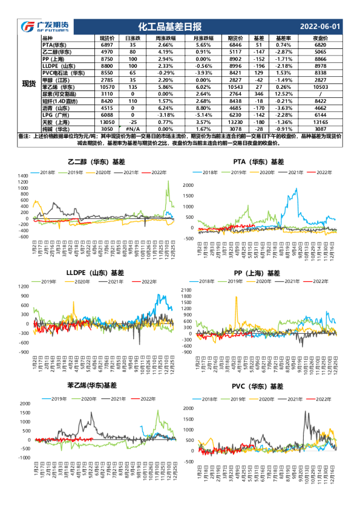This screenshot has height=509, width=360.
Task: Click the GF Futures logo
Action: pos(45,27)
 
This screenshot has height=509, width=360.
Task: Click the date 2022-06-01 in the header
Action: pos(320,27)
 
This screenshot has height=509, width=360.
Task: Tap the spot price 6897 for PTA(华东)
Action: pos(106,45)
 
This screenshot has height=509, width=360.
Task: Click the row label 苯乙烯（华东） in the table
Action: pos(58,86)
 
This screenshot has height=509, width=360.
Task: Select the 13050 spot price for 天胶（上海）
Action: pos(106,121)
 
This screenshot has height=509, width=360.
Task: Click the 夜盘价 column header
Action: pos(321,38)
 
